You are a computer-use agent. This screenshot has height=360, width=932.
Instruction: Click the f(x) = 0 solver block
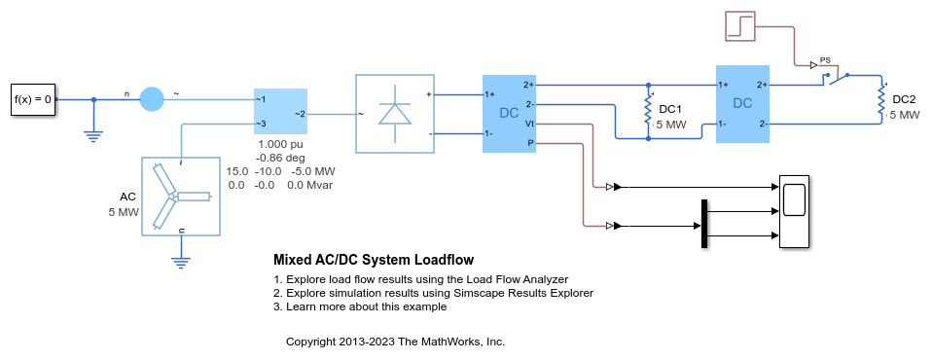coord(32,99)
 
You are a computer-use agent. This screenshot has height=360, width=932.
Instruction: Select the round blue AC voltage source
coord(152,98)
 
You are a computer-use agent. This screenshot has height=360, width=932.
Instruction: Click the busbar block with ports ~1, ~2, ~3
coord(280,112)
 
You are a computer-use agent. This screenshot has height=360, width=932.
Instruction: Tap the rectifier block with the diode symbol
coord(394,113)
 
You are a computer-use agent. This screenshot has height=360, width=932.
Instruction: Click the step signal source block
coord(746,24)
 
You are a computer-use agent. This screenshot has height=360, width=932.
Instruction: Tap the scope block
coord(794,213)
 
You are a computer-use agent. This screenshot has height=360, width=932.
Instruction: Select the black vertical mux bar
coord(702,223)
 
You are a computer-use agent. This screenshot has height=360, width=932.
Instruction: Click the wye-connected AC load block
coord(182,197)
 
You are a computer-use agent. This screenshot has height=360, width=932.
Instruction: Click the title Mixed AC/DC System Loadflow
coord(373,260)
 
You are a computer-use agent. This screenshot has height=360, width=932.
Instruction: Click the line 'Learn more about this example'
coord(360,306)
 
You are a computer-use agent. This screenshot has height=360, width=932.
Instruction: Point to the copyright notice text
coord(395,342)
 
